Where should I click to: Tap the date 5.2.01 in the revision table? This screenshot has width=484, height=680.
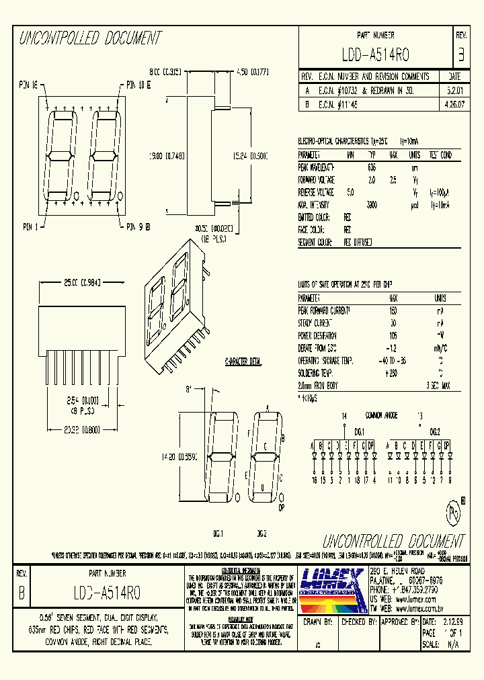tap(454, 89)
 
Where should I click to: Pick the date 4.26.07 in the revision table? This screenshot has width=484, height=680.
tap(454, 104)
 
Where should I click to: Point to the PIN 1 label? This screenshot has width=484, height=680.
tap(31, 226)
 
